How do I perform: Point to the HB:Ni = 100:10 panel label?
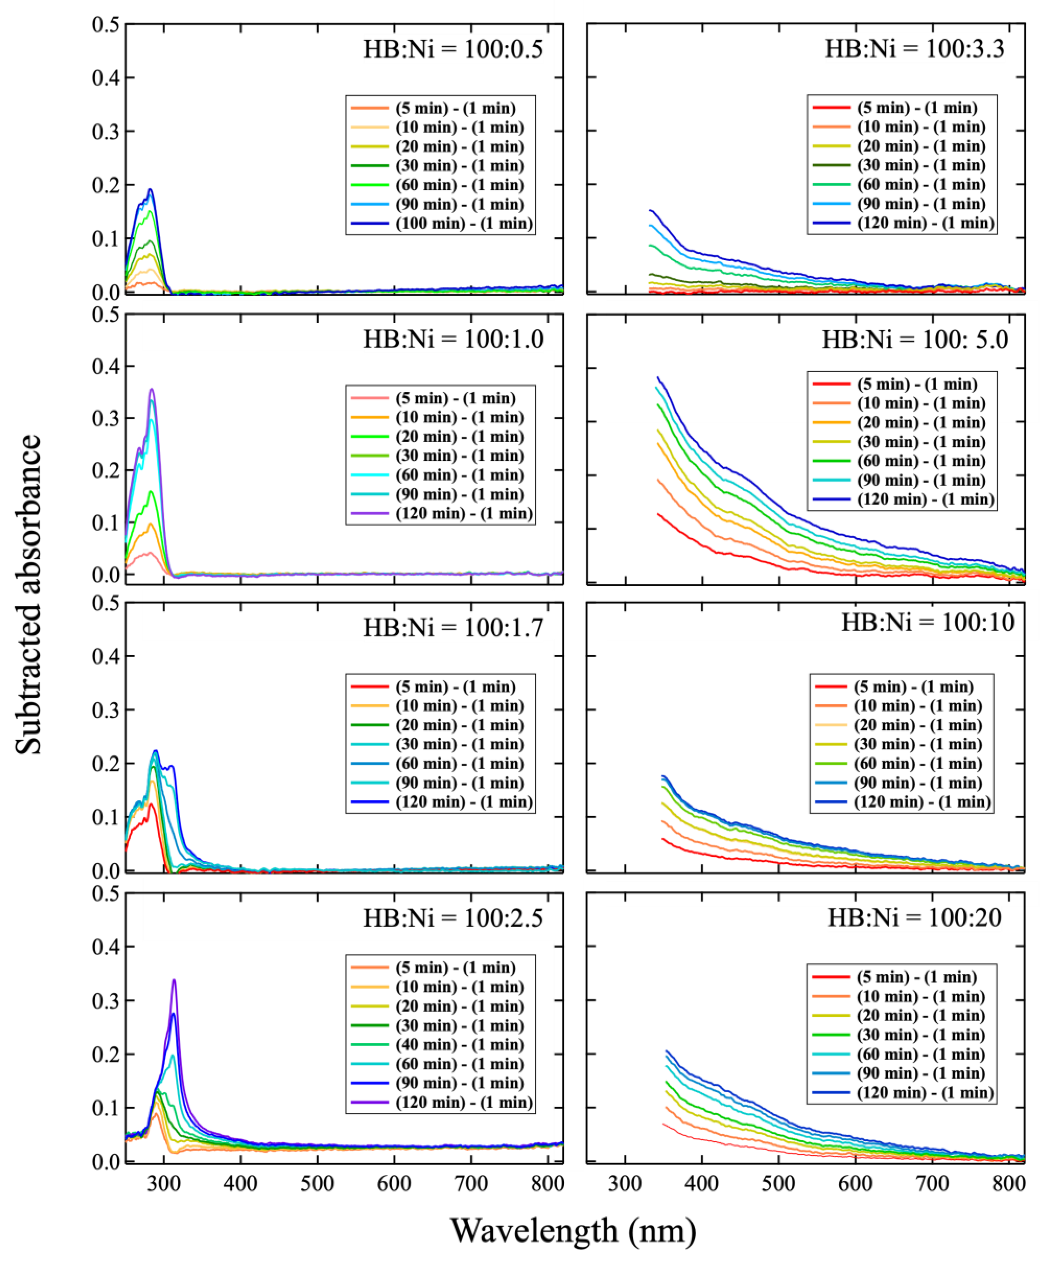coord(928,622)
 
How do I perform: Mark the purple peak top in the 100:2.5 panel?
coord(174,980)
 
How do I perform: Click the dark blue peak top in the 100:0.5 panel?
coord(151,190)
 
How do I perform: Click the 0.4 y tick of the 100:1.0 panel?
coord(106,366)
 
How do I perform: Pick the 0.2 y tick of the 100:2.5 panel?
coord(106,1054)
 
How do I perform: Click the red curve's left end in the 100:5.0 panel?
coord(658,513)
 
